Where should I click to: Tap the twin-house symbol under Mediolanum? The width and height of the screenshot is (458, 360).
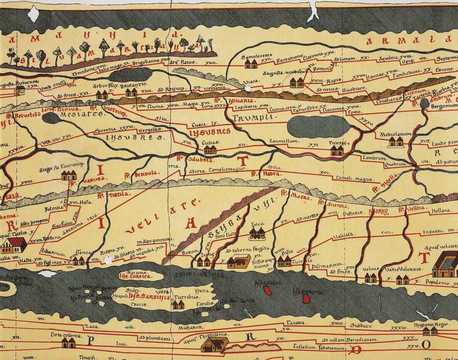click(395, 142)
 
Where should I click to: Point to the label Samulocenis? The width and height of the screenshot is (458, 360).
click(256, 56)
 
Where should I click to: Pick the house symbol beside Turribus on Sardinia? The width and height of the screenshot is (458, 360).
click(178, 304)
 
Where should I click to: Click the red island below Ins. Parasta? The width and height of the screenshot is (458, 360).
click(305, 299)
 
